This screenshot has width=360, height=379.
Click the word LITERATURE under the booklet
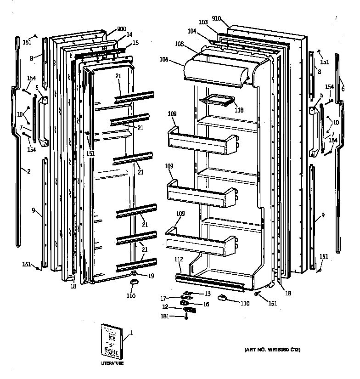click(112, 363)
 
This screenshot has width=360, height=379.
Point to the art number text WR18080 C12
click(272, 350)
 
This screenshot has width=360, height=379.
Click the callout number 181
click(164, 317)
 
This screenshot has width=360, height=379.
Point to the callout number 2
click(28, 171)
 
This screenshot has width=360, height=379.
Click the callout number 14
click(129, 34)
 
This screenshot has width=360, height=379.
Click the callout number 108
click(179, 44)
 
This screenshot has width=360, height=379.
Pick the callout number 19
click(151, 276)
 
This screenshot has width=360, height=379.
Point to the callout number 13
click(208, 294)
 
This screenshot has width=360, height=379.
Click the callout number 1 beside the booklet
click(131, 333)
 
